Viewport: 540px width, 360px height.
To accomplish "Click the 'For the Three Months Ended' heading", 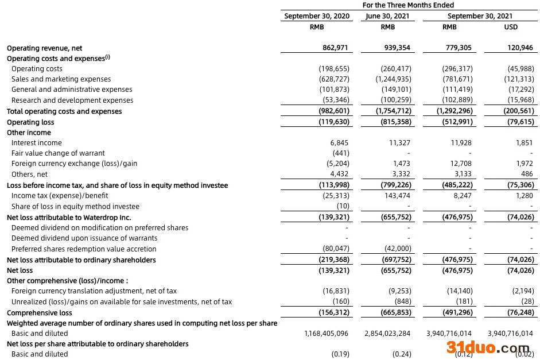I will [408, 5].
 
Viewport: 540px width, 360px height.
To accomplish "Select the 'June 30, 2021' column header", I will [387, 16].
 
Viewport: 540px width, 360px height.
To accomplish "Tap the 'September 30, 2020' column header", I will [316, 16].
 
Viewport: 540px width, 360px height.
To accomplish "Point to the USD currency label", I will [510, 27].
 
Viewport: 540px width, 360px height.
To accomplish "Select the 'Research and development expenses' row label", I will [72, 100].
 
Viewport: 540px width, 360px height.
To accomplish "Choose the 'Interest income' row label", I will [37, 143].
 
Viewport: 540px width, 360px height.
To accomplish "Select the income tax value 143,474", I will [398, 196].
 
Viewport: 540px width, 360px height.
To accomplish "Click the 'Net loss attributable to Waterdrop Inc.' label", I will [69, 218].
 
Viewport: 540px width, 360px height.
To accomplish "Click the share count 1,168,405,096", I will [327, 334].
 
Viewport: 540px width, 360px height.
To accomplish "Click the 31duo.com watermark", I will [488, 347].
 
